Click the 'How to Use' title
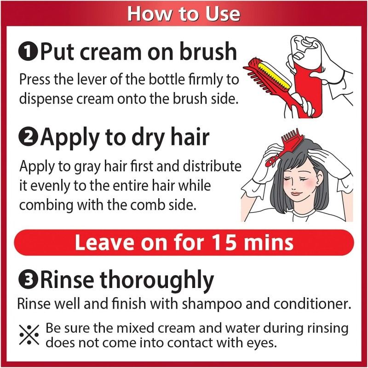184,14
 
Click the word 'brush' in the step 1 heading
208,51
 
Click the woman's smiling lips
297,194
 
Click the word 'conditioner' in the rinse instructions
312,304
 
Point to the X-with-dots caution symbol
29,335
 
